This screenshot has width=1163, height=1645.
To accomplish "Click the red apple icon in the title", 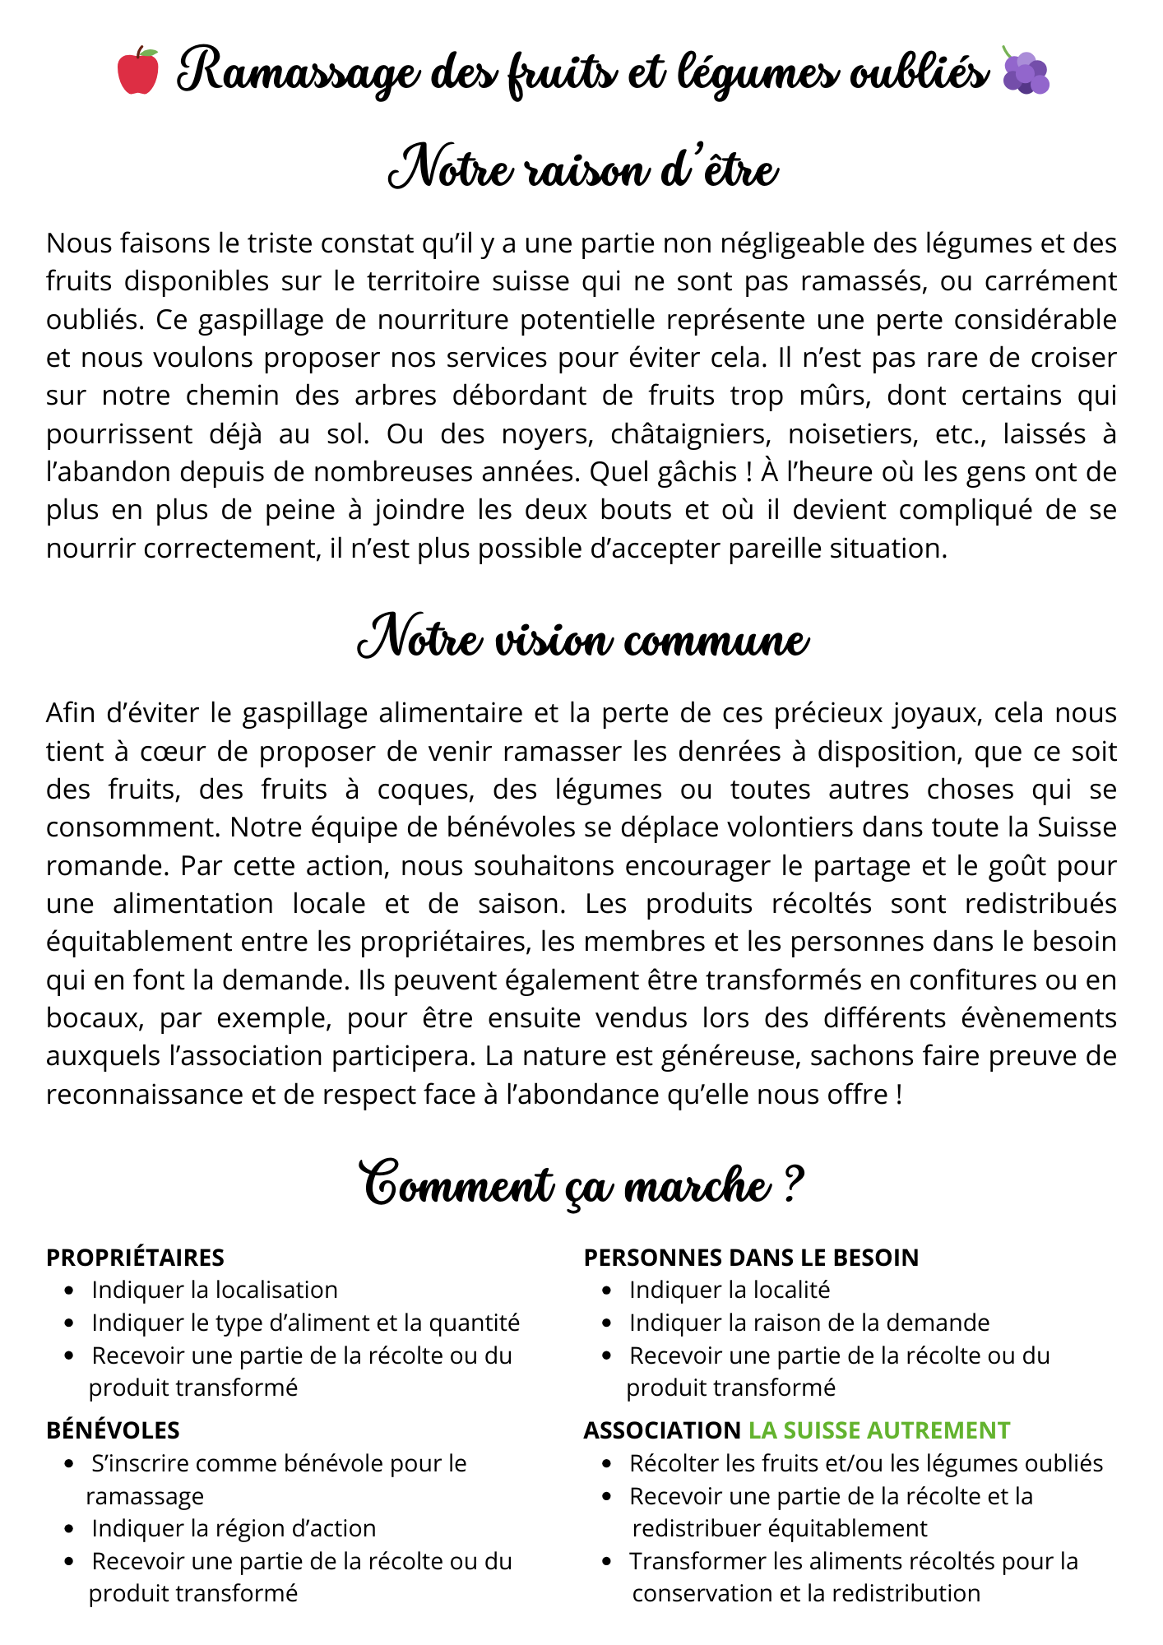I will [137, 71].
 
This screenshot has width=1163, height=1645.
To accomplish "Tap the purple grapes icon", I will [1026, 72].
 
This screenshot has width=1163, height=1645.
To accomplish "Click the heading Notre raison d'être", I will [582, 169].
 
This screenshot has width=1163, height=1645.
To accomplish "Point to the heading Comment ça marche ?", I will [582, 1185].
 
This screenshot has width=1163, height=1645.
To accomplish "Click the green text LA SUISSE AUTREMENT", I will [878, 1430].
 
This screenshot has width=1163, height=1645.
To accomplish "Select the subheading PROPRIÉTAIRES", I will [135, 1258].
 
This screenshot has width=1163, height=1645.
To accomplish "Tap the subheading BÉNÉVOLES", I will [113, 1430].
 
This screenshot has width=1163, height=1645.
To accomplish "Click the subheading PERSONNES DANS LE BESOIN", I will [751, 1258].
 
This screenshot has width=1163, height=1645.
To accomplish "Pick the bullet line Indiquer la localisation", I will [215, 1290].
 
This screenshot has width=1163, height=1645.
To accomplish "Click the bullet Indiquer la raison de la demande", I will [809, 1323].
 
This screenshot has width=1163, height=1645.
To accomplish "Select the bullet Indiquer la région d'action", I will [234, 1528].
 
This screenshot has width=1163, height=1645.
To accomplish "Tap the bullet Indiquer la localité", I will [730, 1290].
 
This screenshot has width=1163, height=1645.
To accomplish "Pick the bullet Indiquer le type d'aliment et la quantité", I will [305, 1323].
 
